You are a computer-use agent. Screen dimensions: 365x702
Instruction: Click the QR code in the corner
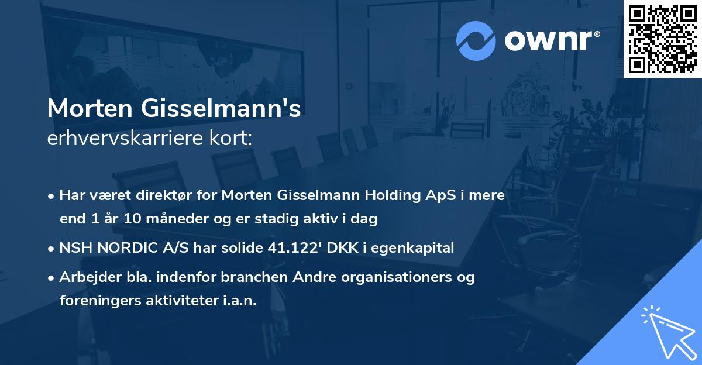tap(662, 39)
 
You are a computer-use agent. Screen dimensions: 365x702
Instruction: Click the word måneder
tap(155, 219)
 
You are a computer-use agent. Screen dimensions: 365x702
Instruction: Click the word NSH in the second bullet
tap(73, 248)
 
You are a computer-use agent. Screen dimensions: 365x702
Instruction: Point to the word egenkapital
tap(414, 248)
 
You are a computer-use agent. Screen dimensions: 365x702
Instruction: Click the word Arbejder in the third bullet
tap(85, 277)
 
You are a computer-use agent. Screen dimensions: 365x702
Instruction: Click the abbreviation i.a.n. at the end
tap(240, 301)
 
